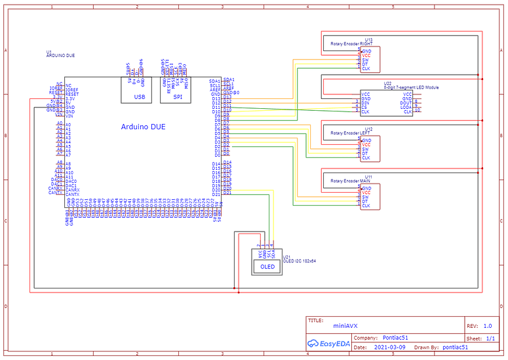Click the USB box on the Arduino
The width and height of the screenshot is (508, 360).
139,96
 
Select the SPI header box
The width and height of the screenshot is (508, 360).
178,96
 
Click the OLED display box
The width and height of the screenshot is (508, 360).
267,266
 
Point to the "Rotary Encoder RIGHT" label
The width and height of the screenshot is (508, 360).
351,44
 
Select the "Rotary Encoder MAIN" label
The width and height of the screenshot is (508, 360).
351,181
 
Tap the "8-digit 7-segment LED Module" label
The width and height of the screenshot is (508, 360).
411,87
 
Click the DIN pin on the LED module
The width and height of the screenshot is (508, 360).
366,103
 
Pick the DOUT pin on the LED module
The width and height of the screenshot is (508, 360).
406,103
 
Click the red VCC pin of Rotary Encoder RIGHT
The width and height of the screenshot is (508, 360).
366,56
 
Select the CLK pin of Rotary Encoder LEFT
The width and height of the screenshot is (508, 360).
366,158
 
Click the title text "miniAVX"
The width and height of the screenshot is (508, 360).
345,325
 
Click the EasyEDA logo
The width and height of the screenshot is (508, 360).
328,343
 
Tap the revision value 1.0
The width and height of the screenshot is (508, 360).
487,325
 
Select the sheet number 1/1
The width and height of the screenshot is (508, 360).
490,338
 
